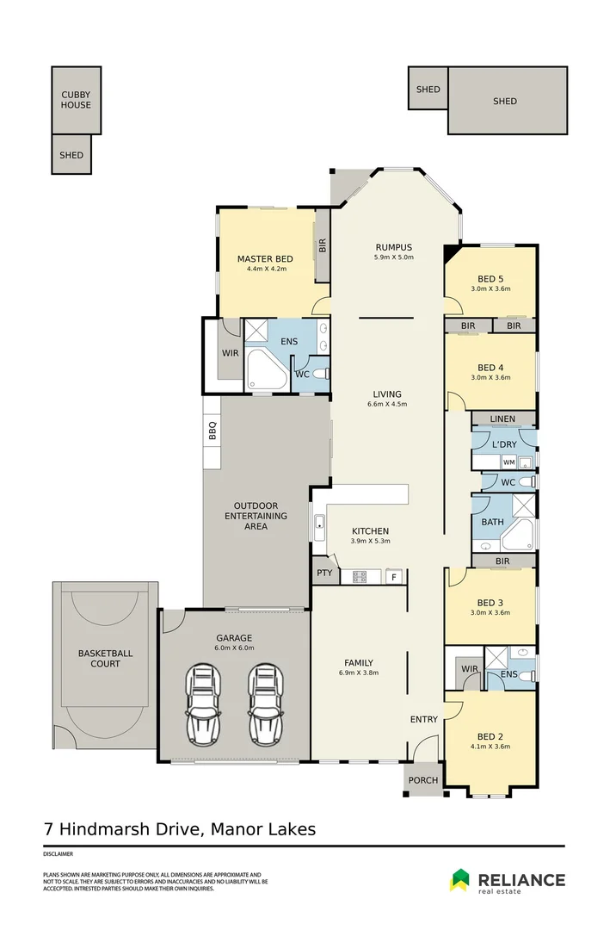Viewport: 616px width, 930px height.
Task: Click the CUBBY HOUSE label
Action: coord(76,99)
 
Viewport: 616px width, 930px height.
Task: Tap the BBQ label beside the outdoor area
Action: coord(212,430)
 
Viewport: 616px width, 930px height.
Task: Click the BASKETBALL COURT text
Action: coord(105,659)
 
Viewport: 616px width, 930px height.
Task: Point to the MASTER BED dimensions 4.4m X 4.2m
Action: coord(265,270)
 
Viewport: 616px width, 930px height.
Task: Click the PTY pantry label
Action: coord(323,572)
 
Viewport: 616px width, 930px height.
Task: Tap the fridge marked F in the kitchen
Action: coord(394,576)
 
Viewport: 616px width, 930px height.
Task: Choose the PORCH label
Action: coord(422,780)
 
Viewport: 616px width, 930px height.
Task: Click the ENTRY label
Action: coord(424,719)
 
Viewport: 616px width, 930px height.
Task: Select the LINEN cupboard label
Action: coord(502,419)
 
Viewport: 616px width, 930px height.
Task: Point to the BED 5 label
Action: coord(490,278)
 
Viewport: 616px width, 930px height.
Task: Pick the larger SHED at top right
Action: coord(506,101)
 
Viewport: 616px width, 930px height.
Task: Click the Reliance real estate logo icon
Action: coord(459,880)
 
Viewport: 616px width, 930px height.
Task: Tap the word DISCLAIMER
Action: coord(59,854)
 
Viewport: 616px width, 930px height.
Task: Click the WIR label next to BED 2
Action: coord(469,668)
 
